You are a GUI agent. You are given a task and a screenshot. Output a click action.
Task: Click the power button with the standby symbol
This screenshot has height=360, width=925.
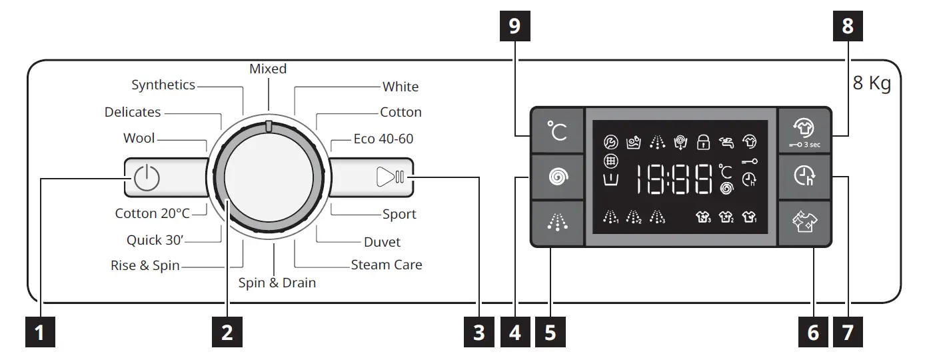click(147, 178)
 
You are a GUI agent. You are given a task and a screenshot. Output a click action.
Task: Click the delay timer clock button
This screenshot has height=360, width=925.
click(804, 177)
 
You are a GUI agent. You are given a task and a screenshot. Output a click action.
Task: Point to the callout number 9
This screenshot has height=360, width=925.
click(513, 27)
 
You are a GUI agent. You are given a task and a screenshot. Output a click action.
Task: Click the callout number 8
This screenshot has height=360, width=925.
click(847, 27)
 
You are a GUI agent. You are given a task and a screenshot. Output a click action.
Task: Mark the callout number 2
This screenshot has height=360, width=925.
click(227, 332)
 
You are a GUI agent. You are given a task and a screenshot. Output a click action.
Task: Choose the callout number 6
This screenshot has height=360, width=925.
click(813, 332)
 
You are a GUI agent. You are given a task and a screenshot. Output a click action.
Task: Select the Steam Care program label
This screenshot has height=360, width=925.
click(387, 265)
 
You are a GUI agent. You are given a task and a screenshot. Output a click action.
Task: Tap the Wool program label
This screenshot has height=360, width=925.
click(139, 139)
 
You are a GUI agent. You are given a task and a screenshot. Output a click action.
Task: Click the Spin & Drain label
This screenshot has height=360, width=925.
click(277, 283)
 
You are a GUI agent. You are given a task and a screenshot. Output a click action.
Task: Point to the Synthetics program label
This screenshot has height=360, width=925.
click(163, 85)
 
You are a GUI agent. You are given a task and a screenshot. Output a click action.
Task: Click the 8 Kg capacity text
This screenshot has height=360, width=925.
click(872, 85)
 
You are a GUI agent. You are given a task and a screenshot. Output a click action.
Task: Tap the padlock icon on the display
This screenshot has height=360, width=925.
click(702, 141)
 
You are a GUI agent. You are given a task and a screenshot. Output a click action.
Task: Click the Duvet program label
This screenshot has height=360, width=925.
click(382, 242)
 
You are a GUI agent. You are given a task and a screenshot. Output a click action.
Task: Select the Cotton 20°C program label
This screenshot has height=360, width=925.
click(153, 213)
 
